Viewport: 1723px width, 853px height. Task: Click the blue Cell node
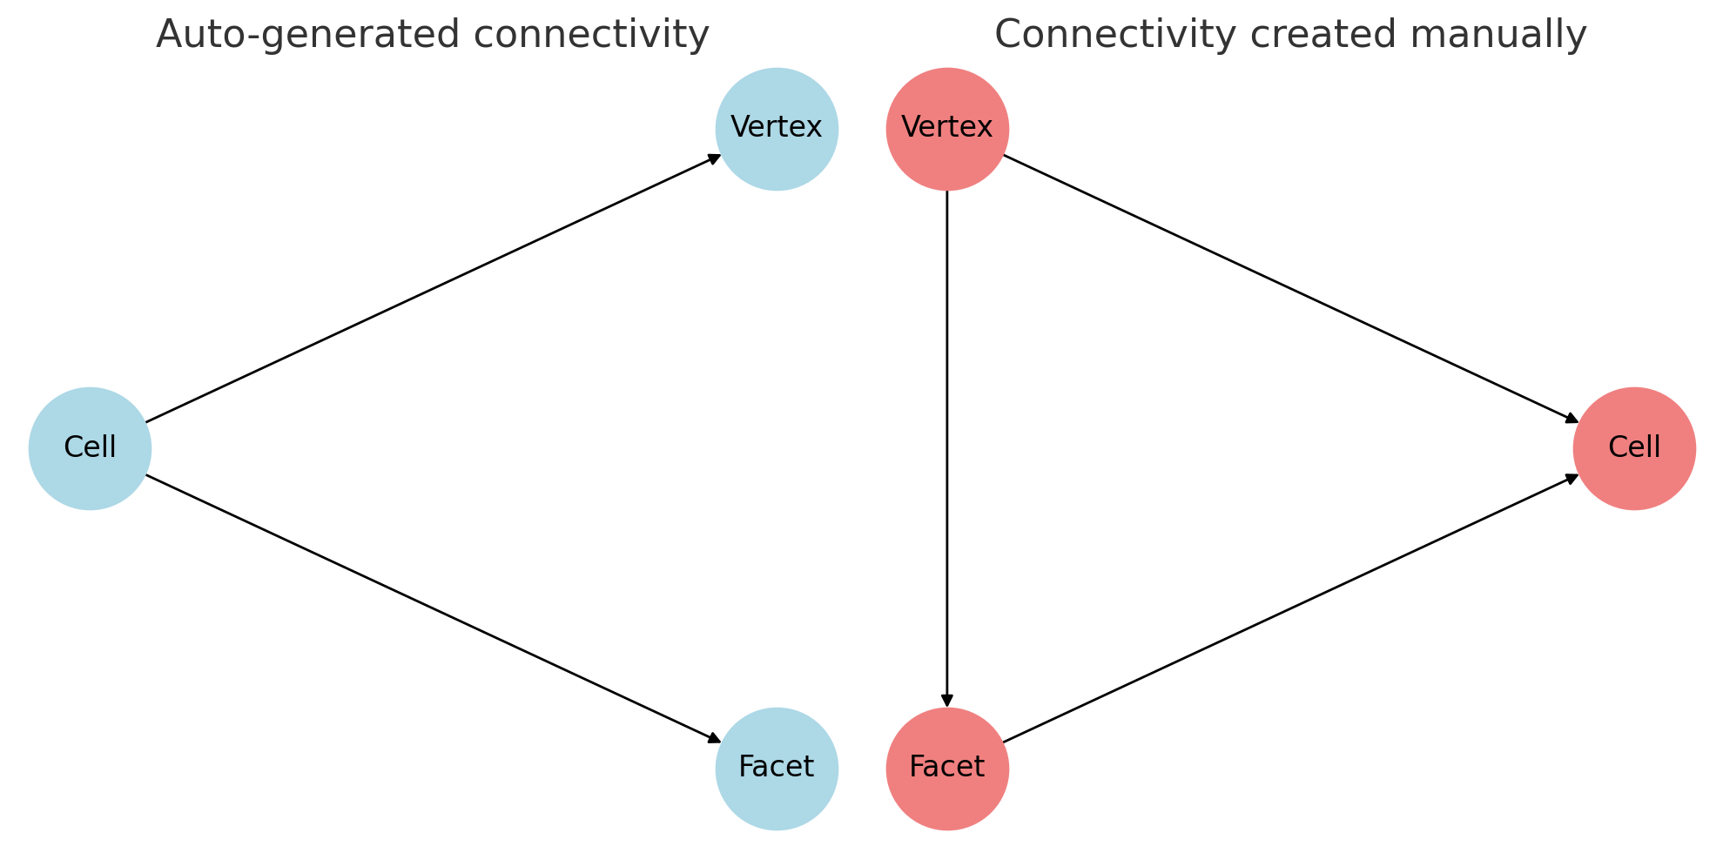pos(90,448)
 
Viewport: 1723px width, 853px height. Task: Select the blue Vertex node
pos(777,129)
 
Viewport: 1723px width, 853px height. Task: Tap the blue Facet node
pos(777,769)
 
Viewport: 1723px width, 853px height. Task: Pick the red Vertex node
pos(947,129)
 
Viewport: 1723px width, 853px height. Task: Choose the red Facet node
pos(947,769)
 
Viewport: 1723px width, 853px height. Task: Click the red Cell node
pos(1634,448)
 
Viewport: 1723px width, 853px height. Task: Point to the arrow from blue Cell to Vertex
pos(434,288)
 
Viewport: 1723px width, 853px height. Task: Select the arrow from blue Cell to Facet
pos(434,608)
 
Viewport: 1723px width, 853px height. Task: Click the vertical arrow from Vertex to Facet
pos(947,448)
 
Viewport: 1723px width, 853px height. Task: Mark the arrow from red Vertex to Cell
pos(1291,288)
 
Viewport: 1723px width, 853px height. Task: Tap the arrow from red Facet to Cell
pos(1291,608)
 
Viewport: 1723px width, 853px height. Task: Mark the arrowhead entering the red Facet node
pos(947,701)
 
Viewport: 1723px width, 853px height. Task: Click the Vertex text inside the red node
pos(947,128)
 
